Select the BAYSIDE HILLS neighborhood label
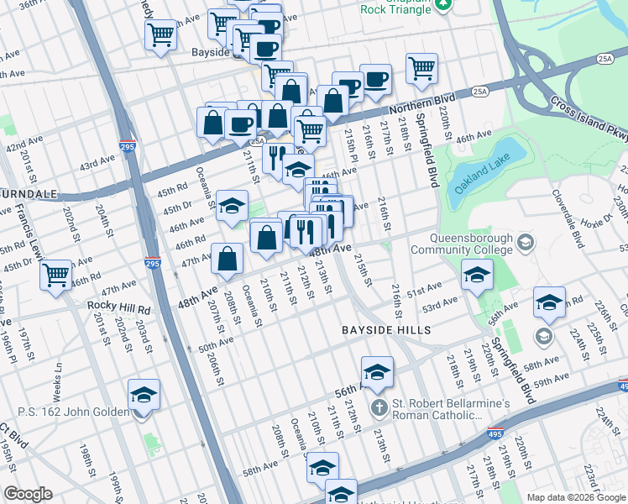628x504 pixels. (x=385, y=330)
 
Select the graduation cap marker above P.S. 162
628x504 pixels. (x=144, y=394)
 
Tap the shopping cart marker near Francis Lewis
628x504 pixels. (x=56, y=274)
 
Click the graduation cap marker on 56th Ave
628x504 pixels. (x=377, y=371)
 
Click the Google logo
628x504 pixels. (x=28, y=493)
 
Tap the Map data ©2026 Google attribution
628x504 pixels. (x=576, y=497)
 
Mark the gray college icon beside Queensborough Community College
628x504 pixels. (x=526, y=244)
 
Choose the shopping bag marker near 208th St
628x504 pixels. (x=228, y=259)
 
